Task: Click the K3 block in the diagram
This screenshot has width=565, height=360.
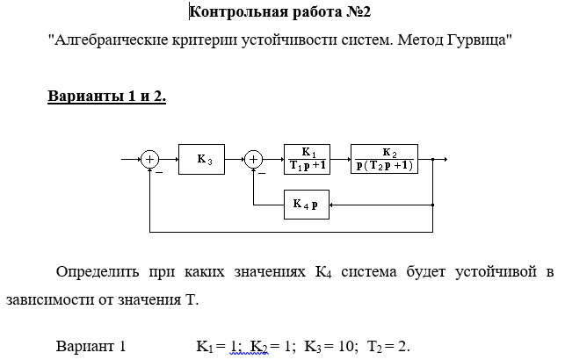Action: [x=203, y=160]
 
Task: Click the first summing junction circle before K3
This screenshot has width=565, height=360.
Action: [x=150, y=160]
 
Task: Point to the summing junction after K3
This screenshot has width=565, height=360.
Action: [x=254, y=160]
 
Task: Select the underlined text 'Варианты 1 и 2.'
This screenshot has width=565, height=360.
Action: [x=106, y=96]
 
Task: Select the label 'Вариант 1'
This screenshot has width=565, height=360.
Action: [x=91, y=345]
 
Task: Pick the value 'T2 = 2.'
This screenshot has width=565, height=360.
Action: [x=391, y=345]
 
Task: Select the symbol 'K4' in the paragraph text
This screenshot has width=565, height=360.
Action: [x=322, y=272]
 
